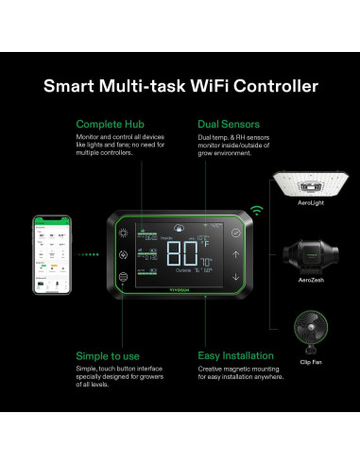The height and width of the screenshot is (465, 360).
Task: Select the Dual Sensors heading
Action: (228, 124)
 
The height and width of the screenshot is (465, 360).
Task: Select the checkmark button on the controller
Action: (236, 231)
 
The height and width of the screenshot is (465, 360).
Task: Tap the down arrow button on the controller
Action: (236, 277)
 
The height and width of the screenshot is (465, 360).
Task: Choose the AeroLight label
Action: (311, 201)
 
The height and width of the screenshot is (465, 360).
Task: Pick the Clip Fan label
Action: (311, 360)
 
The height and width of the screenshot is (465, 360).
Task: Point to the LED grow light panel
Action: (311, 179)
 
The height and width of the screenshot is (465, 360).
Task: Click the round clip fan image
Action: (311, 332)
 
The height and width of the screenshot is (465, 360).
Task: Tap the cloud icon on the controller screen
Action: (180, 228)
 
